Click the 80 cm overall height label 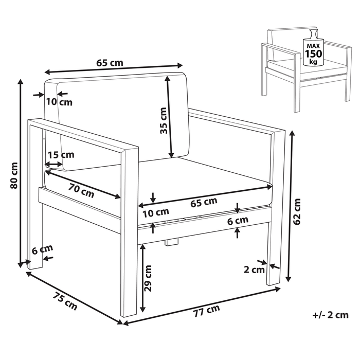13,175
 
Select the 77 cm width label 206,310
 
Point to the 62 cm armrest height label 297,211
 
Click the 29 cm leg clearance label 149,278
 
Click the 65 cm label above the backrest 110,63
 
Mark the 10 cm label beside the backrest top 59,102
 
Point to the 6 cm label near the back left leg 42,250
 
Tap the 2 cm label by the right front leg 255,269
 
